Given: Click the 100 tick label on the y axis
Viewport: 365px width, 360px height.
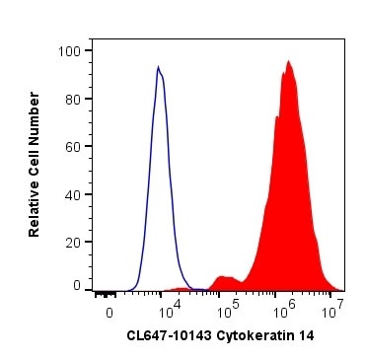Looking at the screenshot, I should pos(72,50).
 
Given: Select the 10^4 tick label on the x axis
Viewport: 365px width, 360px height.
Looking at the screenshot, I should pos(169,311).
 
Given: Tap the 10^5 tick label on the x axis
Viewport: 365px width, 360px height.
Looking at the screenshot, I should pos(226,311).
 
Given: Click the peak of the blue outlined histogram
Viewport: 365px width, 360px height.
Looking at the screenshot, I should pos(158,67).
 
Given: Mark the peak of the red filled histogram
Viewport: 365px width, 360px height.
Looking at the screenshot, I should pos(288,61).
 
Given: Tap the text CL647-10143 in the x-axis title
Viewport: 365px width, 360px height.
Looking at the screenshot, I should pos(166,335).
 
